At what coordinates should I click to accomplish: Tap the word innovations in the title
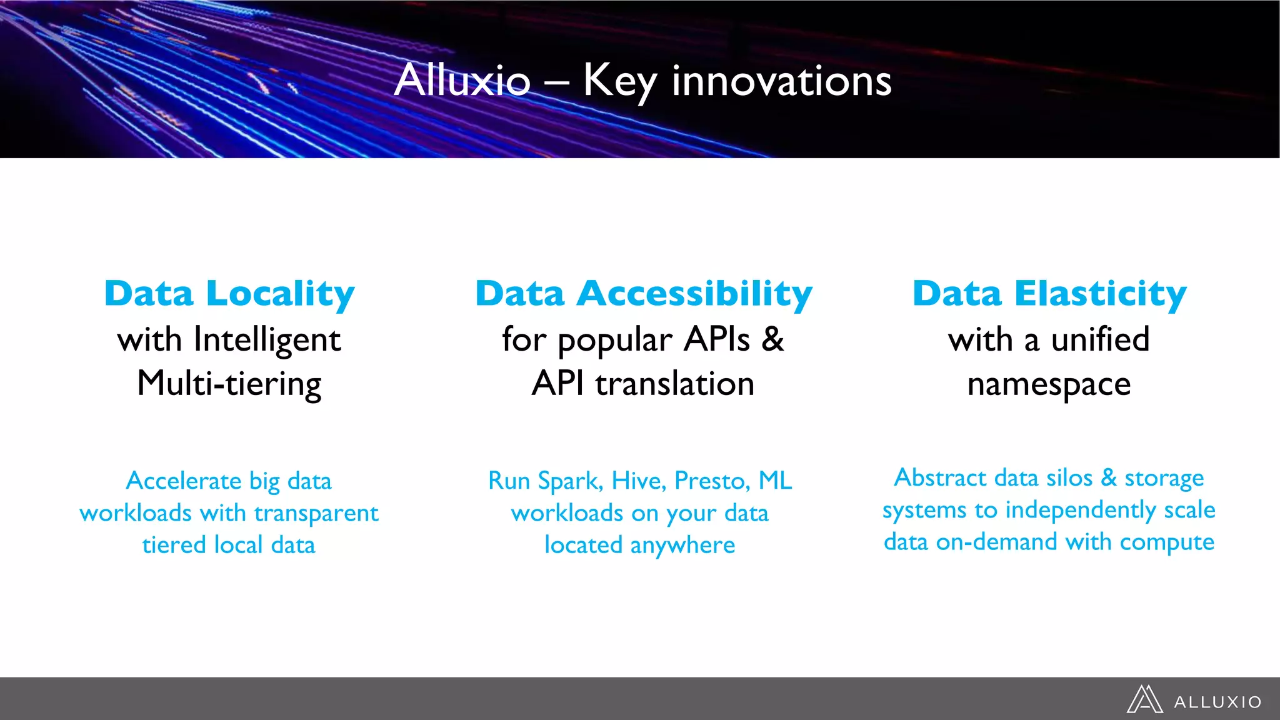(x=781, y=81)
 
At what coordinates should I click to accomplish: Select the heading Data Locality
(x=229, y=294)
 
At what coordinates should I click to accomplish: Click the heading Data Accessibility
(x=643, y=294)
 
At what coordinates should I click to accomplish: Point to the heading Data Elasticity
(x=1049, y=294)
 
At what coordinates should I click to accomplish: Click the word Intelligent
(x=267, y=341)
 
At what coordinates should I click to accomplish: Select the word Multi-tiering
(x=229, y=384)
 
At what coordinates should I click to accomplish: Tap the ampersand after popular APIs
(x=773, y=339)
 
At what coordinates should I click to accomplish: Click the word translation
(x=675, y=384)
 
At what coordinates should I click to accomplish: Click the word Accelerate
(x=184, y=481)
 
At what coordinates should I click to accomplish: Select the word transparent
(x=316, y=514)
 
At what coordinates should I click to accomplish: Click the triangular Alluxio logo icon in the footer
(x=1144, y=699)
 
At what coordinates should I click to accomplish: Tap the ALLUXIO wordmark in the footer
(x=1217, y=702)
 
